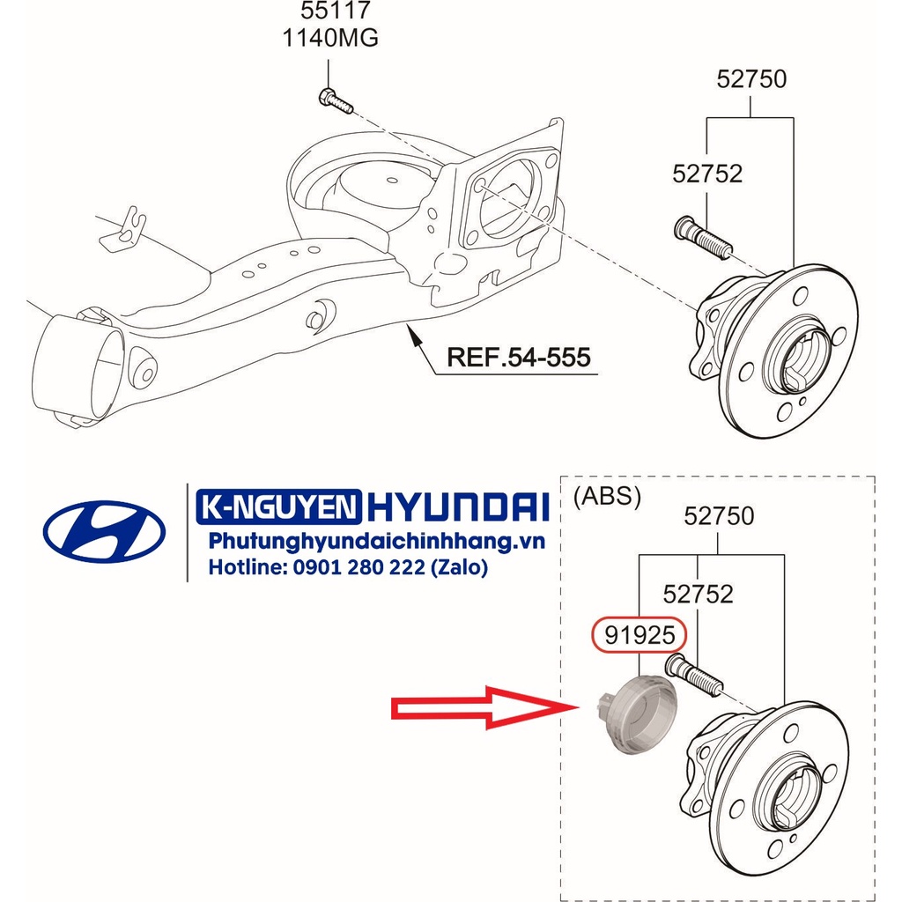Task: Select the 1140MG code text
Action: click(329, 39)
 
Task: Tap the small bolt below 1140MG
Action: click(335, 101)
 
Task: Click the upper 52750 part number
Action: click(750, 79)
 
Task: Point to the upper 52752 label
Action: click(707, 174)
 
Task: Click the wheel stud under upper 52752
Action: click(701, 237)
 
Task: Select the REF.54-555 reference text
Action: click(518, 357)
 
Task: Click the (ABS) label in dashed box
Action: click(607, 497)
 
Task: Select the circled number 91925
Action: click(638, 633)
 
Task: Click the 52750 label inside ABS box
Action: click(719, 515)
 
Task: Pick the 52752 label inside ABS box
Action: click(698, 595)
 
